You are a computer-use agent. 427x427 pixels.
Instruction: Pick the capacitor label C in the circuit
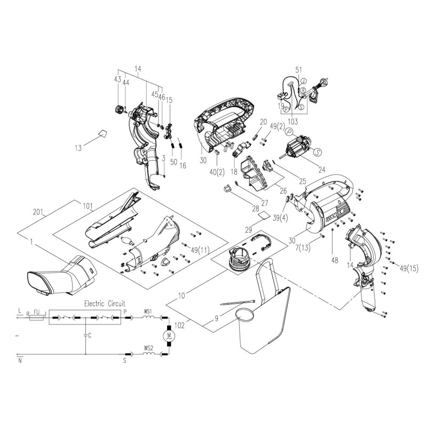[89, 335]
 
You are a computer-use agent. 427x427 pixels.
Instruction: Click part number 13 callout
[78, 148]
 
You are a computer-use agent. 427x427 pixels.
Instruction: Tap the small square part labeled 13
[101, 133]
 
